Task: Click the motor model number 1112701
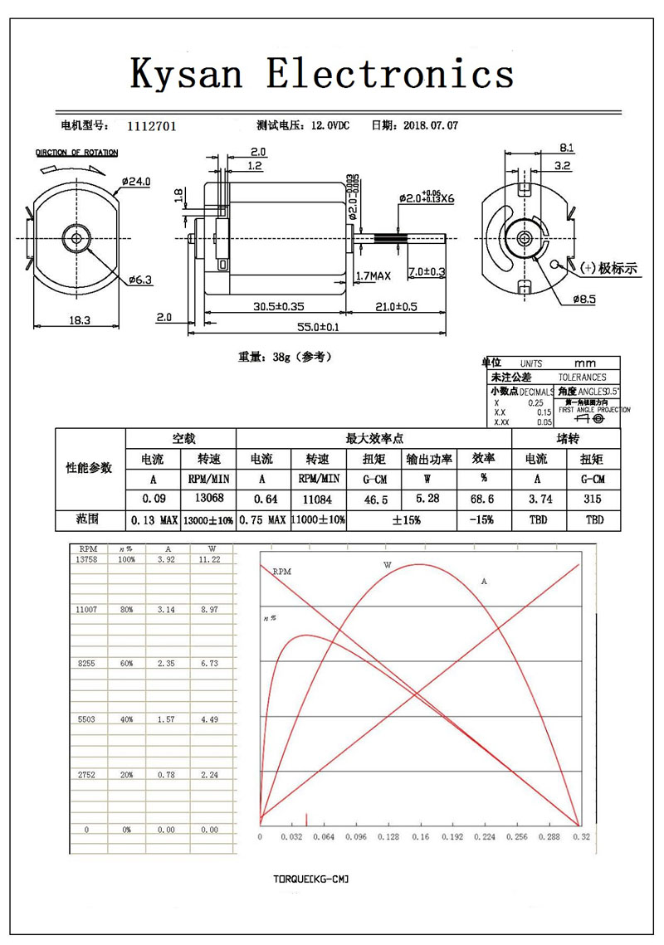(x=151, y=126)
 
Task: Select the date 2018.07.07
(x=430, y=126)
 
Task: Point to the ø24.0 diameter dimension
(x=136, y=182)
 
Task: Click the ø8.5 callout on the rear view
(x=583, y=300)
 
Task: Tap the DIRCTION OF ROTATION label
(x=76, y=153)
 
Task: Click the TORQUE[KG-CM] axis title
(x=310, y=878)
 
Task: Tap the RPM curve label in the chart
(x=282, y=572)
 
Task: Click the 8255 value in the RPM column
(x=85, y=665)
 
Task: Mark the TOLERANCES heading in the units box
(x=582, y=377)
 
